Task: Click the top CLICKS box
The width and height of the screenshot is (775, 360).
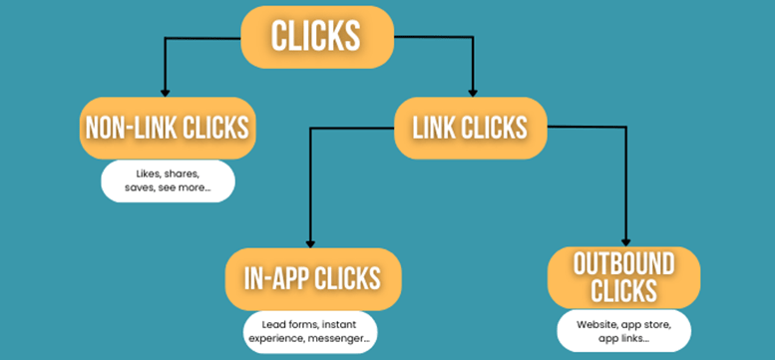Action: [x=317, y=37]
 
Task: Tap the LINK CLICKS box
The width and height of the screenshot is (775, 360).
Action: [x=472, y=128]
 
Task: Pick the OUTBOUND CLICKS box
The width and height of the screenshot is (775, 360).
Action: [x=623, y=277]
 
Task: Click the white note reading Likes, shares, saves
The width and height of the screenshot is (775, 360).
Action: [x=168, y=180]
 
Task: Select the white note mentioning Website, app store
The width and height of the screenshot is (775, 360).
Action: [x=624, y=330]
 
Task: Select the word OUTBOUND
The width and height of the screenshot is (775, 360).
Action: [x=624, y=264]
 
